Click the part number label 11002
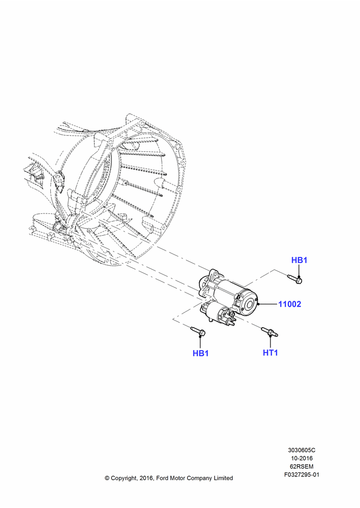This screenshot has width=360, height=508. pyautogui.click(x=290, y=304)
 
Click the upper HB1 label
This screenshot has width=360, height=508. pyautogui.click(x=299, y=260)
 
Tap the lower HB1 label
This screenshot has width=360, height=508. pyautogui.click(x=201, y=353)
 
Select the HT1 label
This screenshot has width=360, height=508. pyautogui.click(x=271, y=353)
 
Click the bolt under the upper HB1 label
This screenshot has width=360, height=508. pyautogui.click(x=295, y=278)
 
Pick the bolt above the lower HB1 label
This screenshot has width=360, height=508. pyautogui.click(x=198, y=331)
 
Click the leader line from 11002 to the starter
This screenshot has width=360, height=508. pyautogui.click(x=268, y=304)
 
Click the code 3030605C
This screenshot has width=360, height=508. pyautogui.click(x=302, y=450)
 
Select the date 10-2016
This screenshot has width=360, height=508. pyautogui.click(x=302, y=458)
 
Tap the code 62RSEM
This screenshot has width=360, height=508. pyautogui.click(x=302, y=466)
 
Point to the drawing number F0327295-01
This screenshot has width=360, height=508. pyautogui.click(x=302, y=475)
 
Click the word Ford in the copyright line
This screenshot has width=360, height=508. pyautogui.click(x=163, y=478)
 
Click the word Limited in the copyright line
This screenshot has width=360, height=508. pyautogui.click(x=223, y=478)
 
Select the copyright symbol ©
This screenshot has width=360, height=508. pyautogui.click(x=107, y=478)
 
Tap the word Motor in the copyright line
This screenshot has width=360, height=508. pyautogui.click(x=178, y=478)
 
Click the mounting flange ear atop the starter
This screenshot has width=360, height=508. pyautogui.click(x=214, y=273)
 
